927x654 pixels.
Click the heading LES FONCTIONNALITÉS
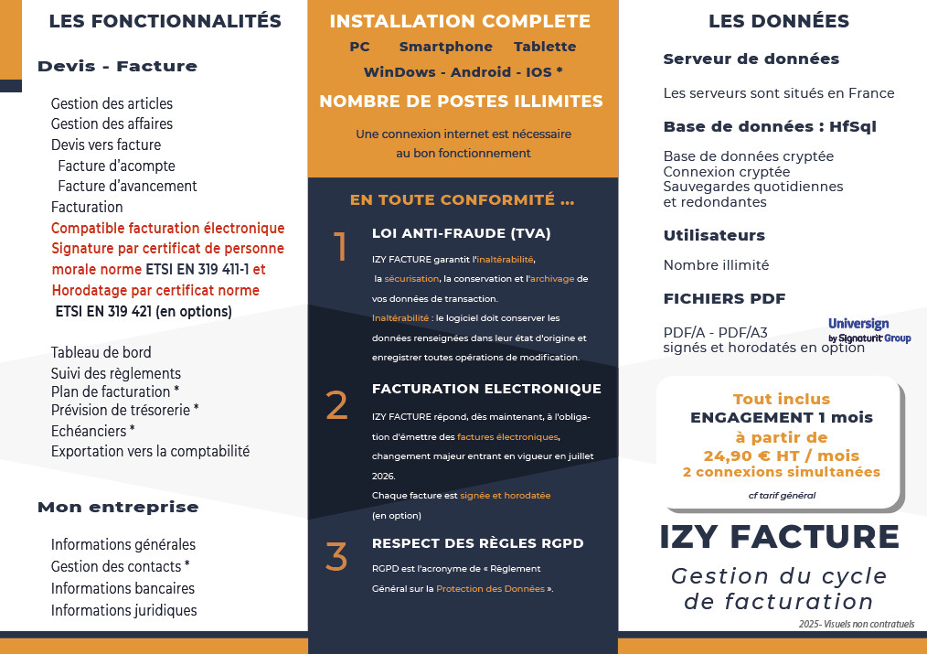point(165,21)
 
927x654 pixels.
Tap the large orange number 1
point(340,247)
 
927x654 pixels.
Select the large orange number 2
point(337,405)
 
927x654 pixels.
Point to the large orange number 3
point(336,557)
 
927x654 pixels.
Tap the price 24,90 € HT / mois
point(781,456)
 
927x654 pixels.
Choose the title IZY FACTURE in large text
point(779,537)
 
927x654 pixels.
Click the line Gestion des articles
point(112,104)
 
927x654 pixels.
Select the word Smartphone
point(445,47)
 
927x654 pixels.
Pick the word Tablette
point(545,47)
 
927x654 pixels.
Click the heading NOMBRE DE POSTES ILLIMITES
point(461,102)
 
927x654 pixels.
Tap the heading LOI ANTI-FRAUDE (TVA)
point(461,233)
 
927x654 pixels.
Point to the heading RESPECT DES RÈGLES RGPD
point(477,543)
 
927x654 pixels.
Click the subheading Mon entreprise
point(118,507)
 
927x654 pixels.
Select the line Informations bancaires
point(123,588)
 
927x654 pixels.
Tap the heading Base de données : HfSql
point(770,126)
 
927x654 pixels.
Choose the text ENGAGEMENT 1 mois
point(781,418)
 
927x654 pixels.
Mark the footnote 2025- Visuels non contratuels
point(855,624)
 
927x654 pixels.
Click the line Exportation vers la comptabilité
point(150,451)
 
